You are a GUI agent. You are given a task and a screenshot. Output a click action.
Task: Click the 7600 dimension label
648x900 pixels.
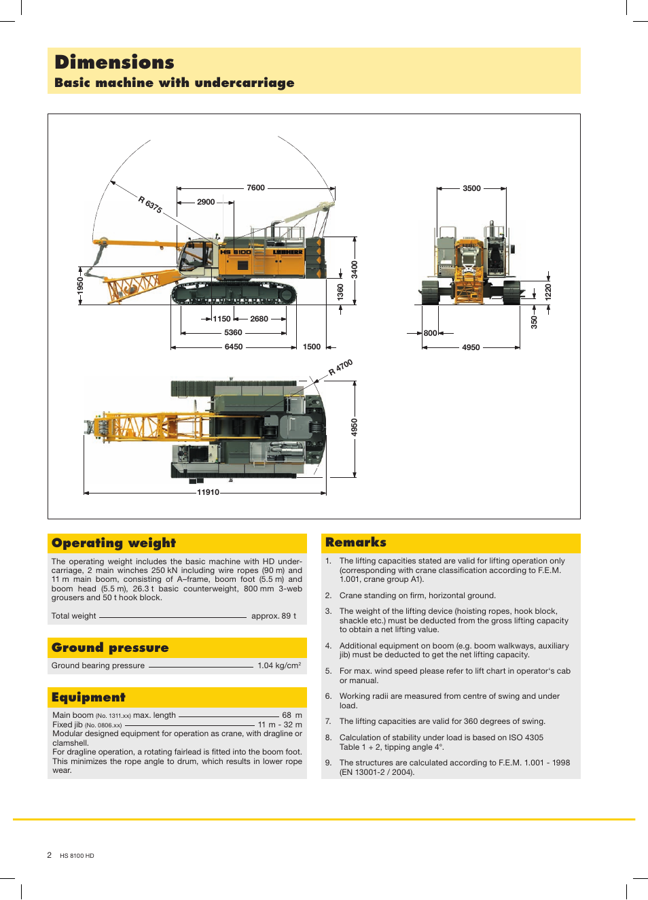coord(255,188)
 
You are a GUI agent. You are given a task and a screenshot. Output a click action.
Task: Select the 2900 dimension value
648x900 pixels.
coord(206,202)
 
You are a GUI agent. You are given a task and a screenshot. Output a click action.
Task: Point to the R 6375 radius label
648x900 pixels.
coord(150,205)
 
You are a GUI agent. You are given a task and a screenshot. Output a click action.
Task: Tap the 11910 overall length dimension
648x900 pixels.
coord(208,492)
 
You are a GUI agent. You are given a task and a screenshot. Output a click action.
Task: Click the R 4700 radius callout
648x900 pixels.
coord(340,367)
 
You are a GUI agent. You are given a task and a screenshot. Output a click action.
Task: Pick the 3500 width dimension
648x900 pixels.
coord(471,188)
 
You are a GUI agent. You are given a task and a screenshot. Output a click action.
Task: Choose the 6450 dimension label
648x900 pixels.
coord(234,347)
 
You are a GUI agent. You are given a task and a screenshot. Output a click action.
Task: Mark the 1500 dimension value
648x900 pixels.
coord(312,347)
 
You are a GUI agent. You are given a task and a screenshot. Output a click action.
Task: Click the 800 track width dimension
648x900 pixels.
coord(430,333)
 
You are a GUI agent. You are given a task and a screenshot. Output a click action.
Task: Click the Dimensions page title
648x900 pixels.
coord(114,63)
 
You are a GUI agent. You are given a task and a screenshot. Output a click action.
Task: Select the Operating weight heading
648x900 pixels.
coord(113,543)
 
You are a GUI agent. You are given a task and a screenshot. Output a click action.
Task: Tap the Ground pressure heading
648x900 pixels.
coord(110,648)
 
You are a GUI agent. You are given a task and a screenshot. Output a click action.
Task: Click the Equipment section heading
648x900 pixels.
coord(88,697)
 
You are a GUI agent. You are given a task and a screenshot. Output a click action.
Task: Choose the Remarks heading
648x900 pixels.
coord(355,542)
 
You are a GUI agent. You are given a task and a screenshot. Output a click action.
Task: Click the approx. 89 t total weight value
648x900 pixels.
coord(274,616)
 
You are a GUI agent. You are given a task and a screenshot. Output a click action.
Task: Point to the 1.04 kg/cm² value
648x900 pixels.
coord(279,665)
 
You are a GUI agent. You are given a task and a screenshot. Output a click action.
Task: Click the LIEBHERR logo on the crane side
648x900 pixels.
coord(287,252)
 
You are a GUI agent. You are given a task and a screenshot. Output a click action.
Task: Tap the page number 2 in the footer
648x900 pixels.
coord(49,855)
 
